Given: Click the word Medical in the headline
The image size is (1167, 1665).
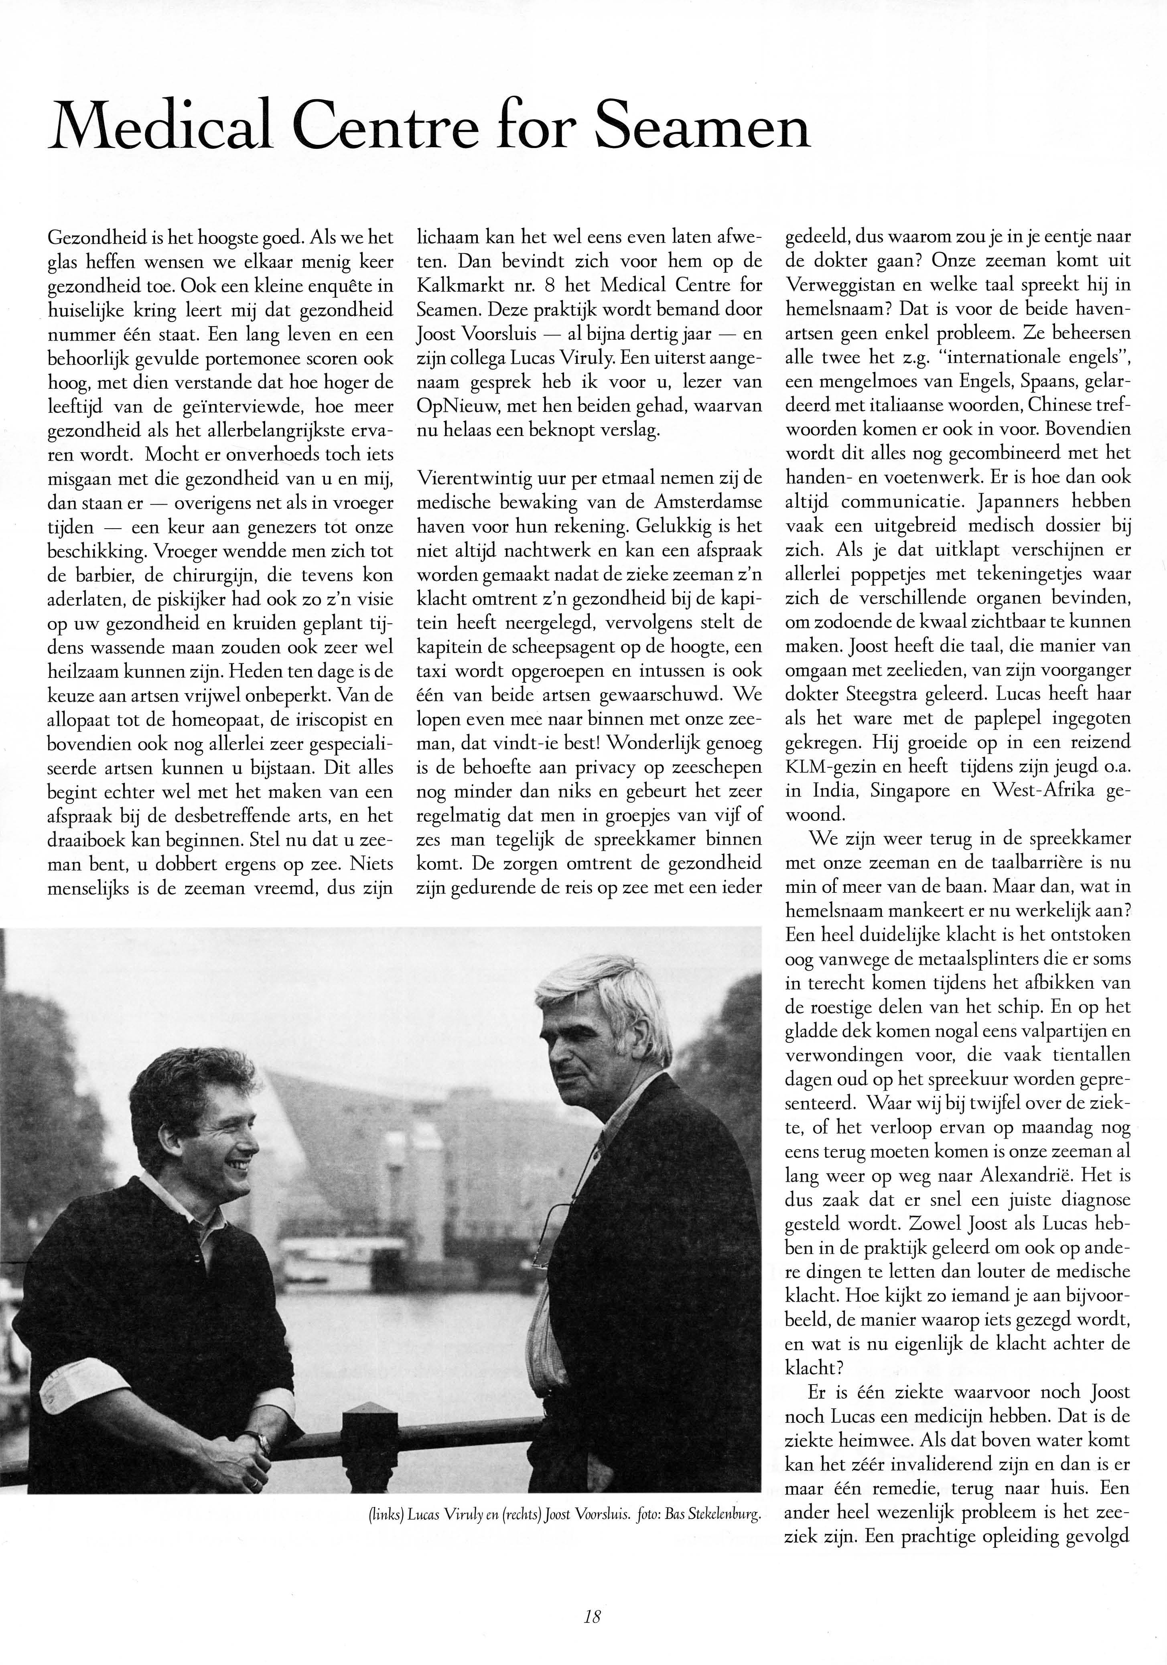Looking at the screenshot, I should tap(160, 125).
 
